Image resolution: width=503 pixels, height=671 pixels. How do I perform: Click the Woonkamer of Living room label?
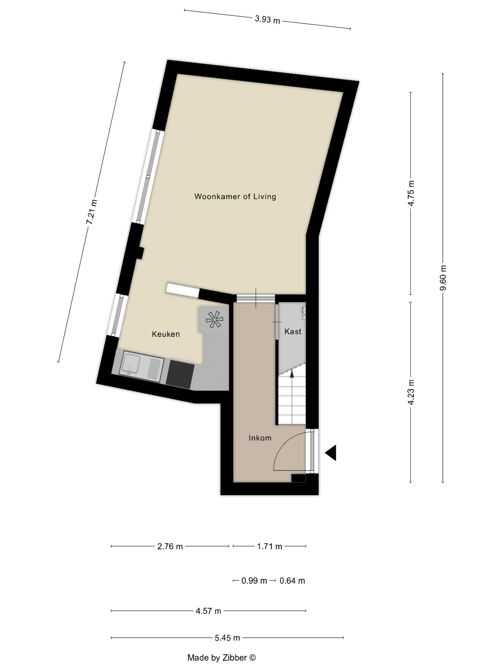click(x=235, y=197)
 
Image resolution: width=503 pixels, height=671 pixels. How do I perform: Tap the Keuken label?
click(x=166, y=334)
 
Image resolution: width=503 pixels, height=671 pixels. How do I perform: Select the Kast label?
click(x=293, y=332)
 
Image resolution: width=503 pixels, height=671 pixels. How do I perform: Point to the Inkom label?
click(x=260, y=438)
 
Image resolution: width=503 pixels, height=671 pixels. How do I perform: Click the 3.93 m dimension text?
click(x=267, y=20)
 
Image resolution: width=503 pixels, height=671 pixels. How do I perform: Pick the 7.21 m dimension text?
click(x=92, y=212)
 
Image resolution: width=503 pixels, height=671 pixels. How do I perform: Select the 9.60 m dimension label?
click(x=443, y=278)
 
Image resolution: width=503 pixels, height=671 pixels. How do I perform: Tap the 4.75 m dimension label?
click(x=411, y=193)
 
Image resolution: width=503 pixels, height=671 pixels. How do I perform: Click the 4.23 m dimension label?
click(x=411, y=392)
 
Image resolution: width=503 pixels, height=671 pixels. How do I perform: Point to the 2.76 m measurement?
click(x=170, y=547)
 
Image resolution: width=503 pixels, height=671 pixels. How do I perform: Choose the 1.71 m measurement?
click(x=269, y=547)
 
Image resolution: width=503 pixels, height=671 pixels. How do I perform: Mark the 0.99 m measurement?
click(x=254, y=581)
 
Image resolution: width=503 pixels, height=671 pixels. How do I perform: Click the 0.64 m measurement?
click(x=292, y=581)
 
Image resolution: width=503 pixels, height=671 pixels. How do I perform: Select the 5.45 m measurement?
click(x=227, y=638)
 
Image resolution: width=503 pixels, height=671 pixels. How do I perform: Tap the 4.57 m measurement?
click(x=208, y=611)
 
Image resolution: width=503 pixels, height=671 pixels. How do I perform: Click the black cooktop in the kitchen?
click(x=180, y=374)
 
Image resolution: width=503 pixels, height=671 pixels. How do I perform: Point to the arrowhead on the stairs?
click(x=292, y=374)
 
